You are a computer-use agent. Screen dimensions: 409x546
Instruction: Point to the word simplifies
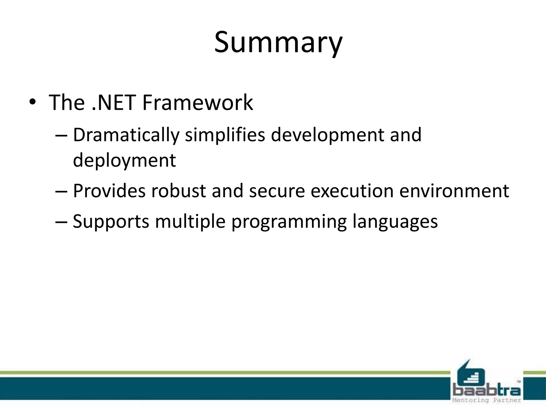click(225, 135)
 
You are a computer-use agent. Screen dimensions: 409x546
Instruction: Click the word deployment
click(125, 161)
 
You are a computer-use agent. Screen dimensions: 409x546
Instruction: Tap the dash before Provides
click(61, 191)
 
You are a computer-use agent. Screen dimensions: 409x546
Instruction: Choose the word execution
click(352, 191)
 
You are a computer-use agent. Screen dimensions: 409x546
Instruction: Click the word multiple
click(190, 222)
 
